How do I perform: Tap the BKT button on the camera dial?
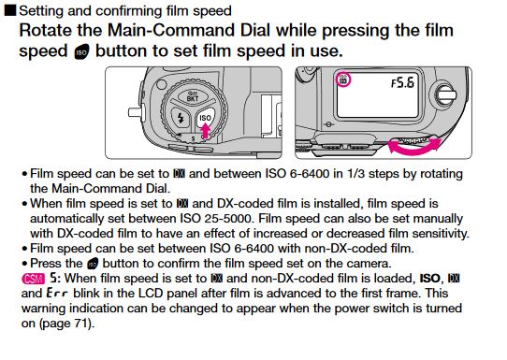point(193,97)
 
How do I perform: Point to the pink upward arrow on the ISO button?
point(205,131)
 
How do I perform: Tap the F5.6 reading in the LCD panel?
point(402,83)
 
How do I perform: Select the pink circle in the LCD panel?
point(343,79)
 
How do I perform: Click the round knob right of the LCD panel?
point(445,94)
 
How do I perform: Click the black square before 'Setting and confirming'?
point(9,10)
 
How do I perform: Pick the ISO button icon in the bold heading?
point(81,52)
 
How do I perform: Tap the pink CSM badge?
point(33,279)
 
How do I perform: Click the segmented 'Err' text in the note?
point(57,294)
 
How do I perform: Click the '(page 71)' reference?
point(67,324)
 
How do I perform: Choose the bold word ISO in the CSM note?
point(429,279)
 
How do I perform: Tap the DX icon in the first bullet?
point(179,174)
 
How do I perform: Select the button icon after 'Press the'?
point(93,264)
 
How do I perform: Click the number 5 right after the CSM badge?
point(53,278)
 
